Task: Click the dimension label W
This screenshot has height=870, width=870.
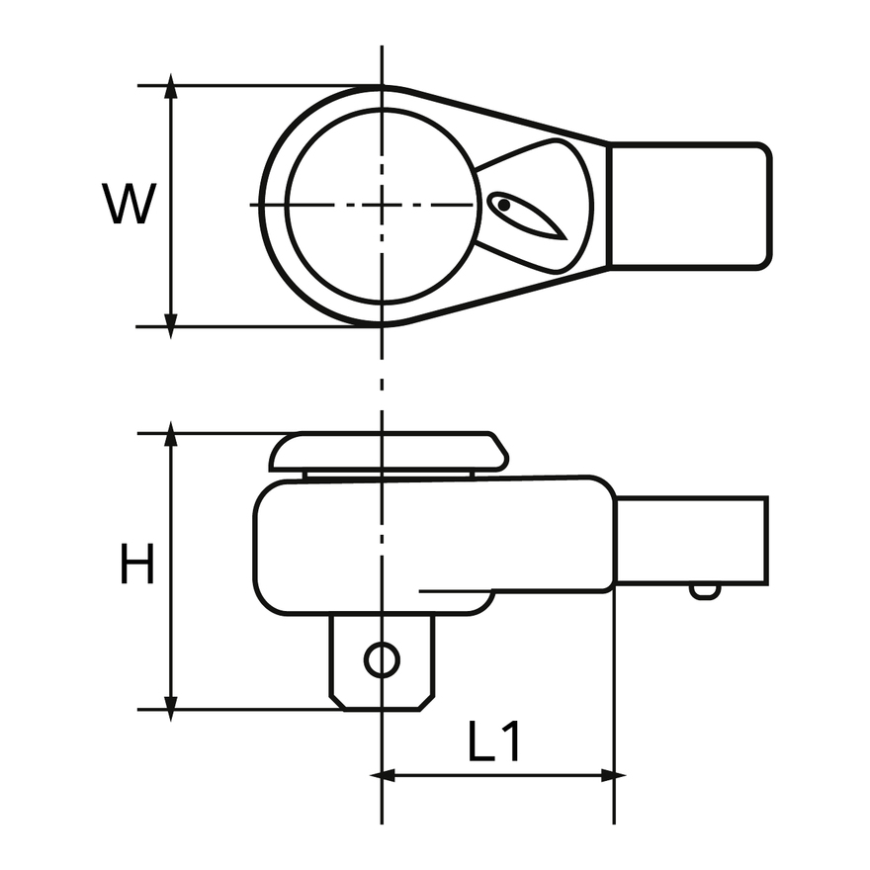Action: pos(129,204)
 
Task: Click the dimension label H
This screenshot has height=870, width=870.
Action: pos(136,564)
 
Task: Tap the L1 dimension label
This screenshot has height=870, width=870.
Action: pos(493,740)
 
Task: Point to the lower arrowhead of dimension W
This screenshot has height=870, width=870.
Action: pos(171,326)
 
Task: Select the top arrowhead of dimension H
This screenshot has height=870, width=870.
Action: pos(171,433)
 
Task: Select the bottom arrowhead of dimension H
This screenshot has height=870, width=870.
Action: pos(171,709)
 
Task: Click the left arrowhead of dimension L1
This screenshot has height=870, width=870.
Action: pos(383,776)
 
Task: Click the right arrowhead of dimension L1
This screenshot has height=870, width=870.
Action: pos(614,776)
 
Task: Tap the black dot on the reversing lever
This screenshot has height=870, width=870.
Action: pos(503,205)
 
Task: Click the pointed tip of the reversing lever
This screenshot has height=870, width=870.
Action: pos(565,239)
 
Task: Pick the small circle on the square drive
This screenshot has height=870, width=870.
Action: pos(382,659)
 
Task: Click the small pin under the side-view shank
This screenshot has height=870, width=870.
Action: pos(705,592)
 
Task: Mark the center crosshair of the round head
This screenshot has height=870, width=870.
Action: pos(382,205)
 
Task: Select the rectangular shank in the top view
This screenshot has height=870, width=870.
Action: pos(689,206)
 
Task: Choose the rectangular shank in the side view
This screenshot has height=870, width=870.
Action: pos(692,541)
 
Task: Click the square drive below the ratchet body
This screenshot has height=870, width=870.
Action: pos(382,662)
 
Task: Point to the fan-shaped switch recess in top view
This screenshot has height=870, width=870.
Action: pos(534,206)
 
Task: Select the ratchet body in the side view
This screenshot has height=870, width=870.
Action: pos(435,546)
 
